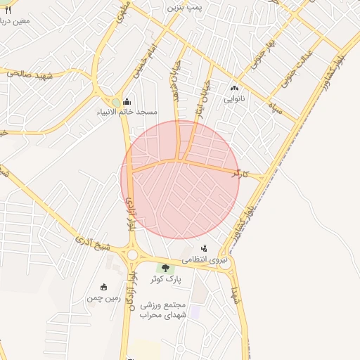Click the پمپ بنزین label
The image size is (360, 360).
(x=185, y=7)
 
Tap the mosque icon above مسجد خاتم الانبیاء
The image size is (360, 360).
(x=127, y=101)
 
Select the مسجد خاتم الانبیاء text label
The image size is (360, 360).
(x=127, y=112)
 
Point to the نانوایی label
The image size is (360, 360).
(x=234, y=99)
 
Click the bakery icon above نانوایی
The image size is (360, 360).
(x=234, y=89)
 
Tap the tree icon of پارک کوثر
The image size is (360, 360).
(x=166, y=268)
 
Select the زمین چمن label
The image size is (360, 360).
(x=103, y=298)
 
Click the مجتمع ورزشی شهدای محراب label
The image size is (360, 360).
(x=162, y=310)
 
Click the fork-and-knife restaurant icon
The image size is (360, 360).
(x=8, y=10)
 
